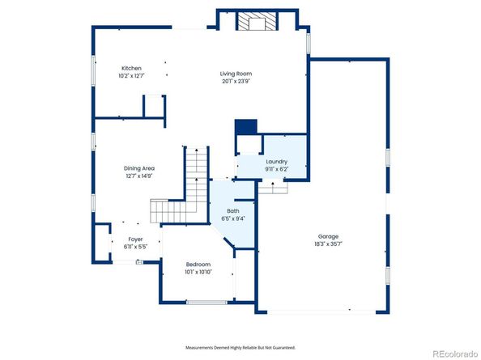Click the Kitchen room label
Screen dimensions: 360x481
pos(132,68)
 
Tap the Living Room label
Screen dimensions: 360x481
pos(235,74)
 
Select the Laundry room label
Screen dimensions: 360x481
pos(276,162)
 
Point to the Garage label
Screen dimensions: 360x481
pos(329,237)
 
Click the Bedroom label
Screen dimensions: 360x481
pos(198,265)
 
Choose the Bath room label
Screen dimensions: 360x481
pos(232,211)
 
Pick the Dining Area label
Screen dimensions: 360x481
pos(139,167)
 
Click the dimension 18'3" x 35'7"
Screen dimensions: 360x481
pos(329,244)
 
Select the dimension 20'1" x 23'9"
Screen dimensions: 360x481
pos(235,81)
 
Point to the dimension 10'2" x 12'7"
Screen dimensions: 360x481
pos(132,75)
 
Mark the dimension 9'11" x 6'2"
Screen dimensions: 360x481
pos(276,169)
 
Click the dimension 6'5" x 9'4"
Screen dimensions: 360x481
pos(233,218)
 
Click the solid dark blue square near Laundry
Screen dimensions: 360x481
pos(245,128)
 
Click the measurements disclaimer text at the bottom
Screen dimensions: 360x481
pos(240,347)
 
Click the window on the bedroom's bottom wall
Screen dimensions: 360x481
pos(206,302)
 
